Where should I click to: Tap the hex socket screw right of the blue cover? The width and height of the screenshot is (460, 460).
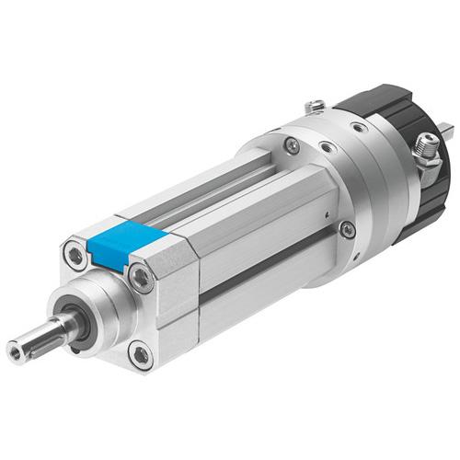click(x=140, y=275)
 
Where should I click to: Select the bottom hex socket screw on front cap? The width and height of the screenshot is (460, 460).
click(x=139, y=351)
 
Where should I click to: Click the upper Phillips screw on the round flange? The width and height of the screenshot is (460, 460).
click(x=292, y=144)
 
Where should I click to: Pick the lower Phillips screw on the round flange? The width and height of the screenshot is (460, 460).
click(x=347, y=229)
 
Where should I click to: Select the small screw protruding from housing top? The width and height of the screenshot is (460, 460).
click(x=316, y=106)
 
